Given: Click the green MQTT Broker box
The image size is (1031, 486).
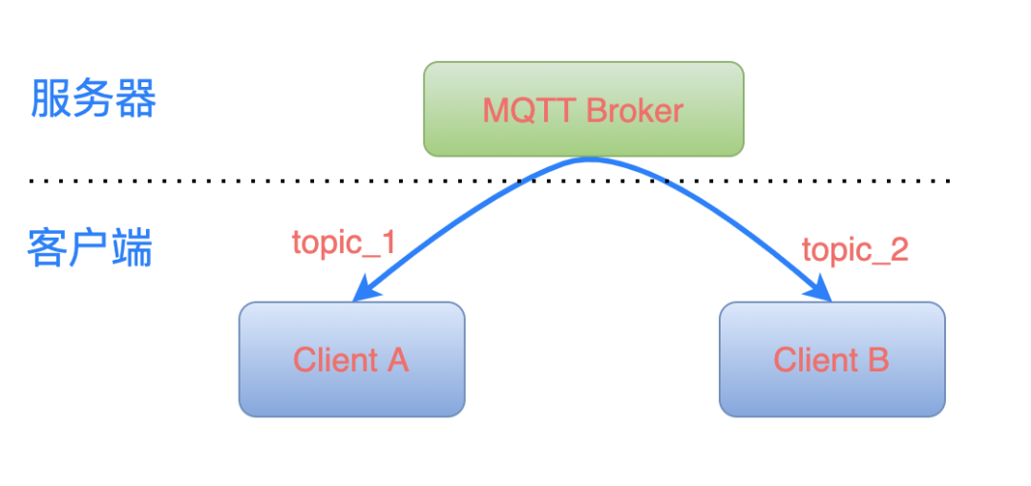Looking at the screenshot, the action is (x=583, y=109).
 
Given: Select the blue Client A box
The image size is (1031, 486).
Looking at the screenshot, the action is (x=351, y=359).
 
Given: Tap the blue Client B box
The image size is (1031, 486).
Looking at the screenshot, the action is (x=831, y=359).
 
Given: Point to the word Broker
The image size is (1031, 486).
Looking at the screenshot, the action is (x=635, y=111).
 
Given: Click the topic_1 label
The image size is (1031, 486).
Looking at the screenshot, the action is (x=344, y=243).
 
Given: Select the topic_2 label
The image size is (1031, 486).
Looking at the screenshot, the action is (x=854, y=250).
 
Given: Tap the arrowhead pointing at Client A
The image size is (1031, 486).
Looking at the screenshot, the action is (x=364, y=290).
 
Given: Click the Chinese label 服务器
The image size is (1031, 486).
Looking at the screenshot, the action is (x=93, y=100).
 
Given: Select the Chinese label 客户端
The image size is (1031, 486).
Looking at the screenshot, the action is (x=90, y=249).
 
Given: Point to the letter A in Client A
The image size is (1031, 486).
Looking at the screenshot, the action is (x=397, y=360).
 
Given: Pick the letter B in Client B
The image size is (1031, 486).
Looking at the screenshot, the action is (x=878, y=360).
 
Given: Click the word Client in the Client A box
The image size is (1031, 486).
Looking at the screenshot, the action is (x=335, y=360).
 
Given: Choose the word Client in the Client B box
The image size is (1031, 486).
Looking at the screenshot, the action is (x=816, y=360).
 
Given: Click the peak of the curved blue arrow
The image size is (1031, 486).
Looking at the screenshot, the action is (x=591, y=159).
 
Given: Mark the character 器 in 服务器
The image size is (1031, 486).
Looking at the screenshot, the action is (x=136, y=100).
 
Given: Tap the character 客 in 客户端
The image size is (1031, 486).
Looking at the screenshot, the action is (x=47, y=249).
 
